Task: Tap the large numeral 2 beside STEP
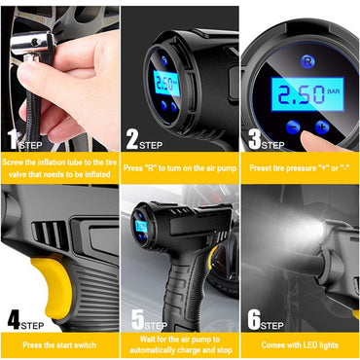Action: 132,142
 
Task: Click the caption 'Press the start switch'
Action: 59,343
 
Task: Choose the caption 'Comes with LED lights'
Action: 300,343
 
